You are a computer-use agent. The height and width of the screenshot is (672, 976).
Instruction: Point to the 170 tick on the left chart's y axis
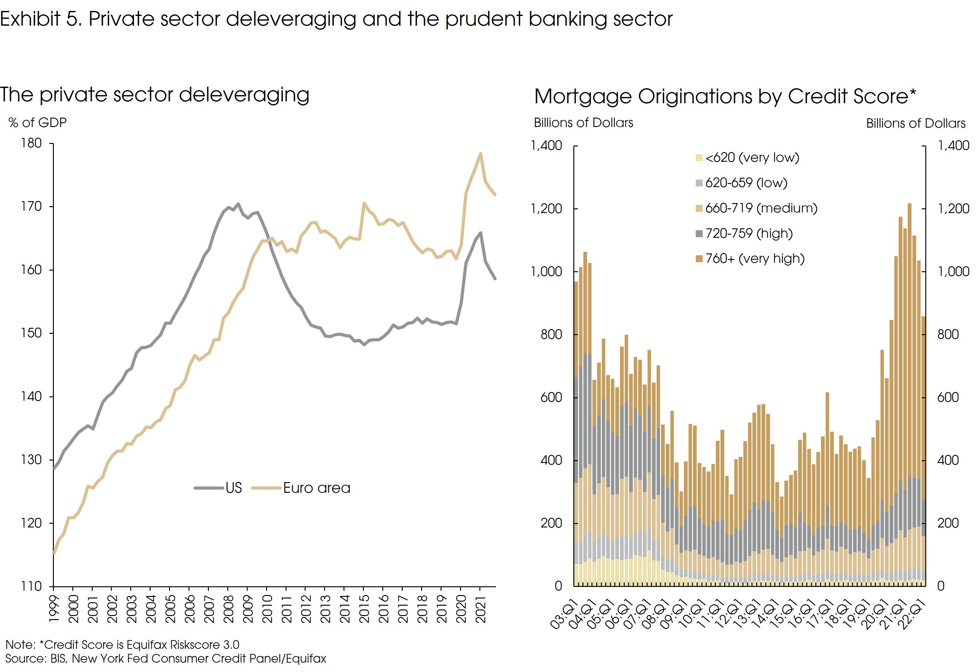coord(32,206)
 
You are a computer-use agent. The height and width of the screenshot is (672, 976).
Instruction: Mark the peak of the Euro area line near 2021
coord(480,154)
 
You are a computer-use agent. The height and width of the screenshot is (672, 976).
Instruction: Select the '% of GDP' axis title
coord(38,123)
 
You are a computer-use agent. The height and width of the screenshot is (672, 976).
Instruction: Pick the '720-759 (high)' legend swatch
coord(699,233)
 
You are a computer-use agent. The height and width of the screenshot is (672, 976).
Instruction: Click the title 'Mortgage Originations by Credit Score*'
coord(725,96)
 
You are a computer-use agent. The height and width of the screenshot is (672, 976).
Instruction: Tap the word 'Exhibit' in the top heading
coord(30,19)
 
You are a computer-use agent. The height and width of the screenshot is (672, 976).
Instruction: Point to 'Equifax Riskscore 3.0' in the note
coord(183,645)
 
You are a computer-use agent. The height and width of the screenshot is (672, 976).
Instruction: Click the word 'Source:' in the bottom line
coord(26,659)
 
